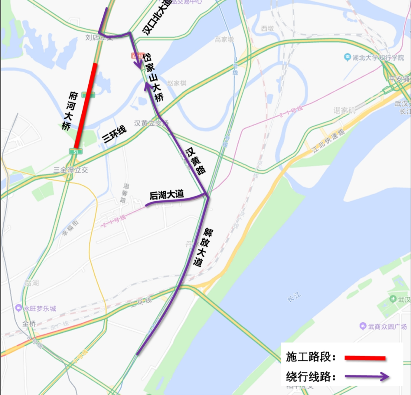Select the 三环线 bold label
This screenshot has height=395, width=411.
point(115,135)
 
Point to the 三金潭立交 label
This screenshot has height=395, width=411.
point(71,170)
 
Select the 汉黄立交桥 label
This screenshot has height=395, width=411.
point(151,123)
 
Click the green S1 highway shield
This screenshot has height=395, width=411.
point(75,152)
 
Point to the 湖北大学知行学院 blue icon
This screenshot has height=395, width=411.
point(347,58)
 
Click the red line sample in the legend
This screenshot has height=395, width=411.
point(365,358)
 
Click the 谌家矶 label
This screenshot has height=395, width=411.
point(344,110)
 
